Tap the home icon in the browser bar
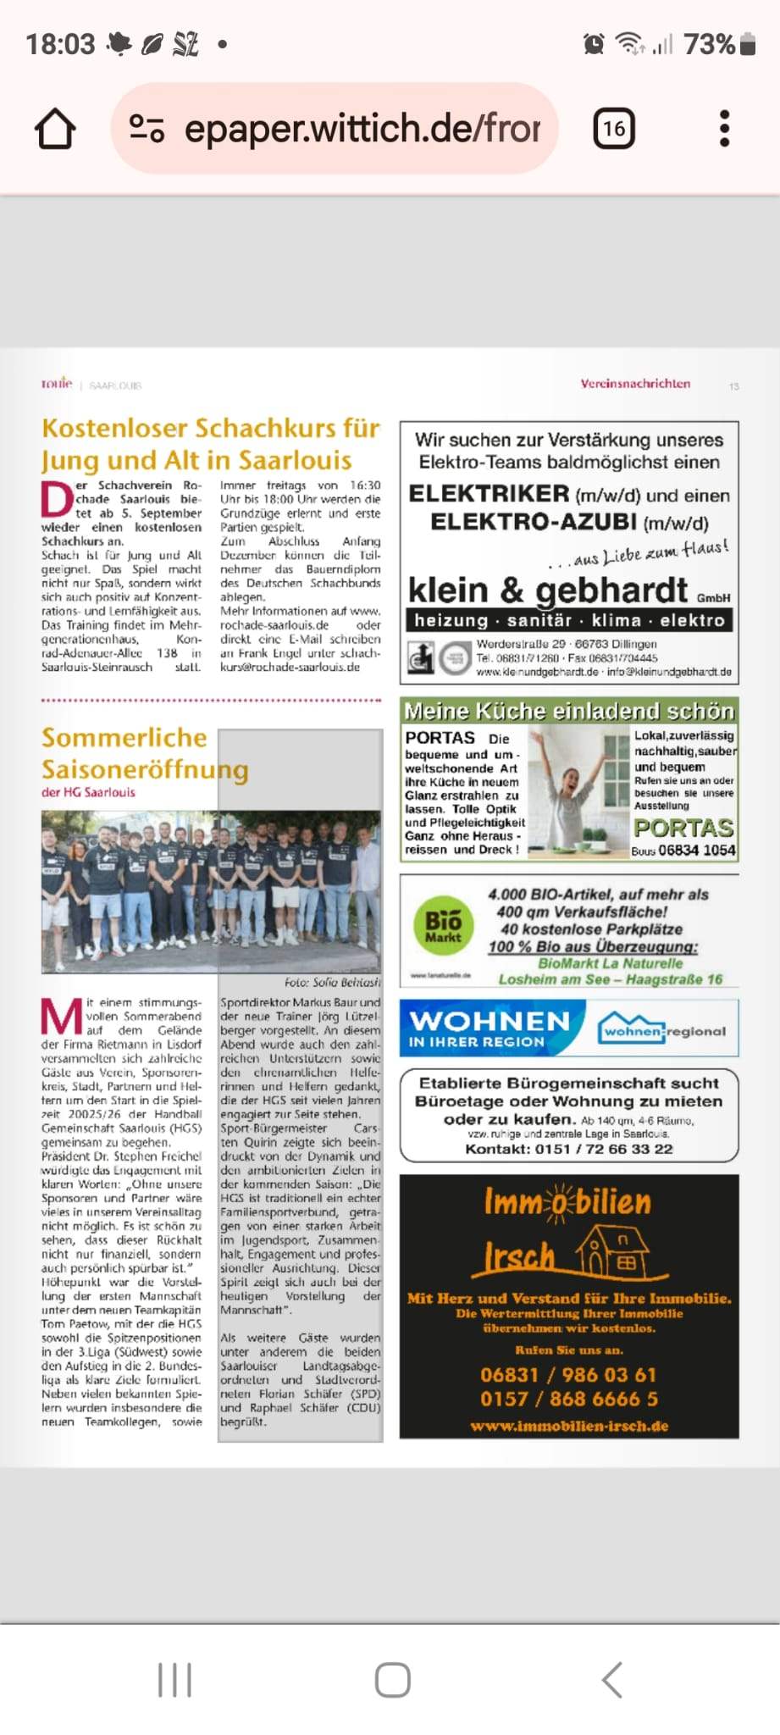point(55,129)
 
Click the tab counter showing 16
point(613,129)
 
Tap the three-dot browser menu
point(724,129)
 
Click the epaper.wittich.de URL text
point(362,129)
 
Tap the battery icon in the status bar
point(747,44)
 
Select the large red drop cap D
point(57,500)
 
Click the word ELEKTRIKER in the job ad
point(489,494)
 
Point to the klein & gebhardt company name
point(548,590)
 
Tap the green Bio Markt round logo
point(444,925)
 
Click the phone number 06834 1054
point(696,851)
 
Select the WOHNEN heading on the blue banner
point(490,1021)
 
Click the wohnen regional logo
point(663,1031)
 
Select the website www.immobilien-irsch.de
point(569,1426)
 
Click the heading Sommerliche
point(124,738)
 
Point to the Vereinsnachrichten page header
point(635,384)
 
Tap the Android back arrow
point(611,1679)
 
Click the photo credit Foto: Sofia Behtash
point(332,983)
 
